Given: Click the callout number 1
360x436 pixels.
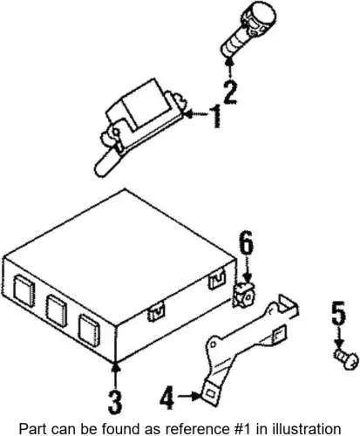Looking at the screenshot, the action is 216,116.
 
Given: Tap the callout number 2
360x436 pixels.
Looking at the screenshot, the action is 230,92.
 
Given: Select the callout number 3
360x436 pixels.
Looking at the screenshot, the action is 115,403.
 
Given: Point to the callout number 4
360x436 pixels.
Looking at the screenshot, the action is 167,397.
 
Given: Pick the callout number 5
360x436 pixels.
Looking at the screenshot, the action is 339,313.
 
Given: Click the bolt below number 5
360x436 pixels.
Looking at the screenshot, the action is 346,360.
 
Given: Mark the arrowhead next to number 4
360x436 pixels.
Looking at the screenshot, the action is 197,396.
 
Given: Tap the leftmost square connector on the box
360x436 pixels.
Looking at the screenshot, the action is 24,290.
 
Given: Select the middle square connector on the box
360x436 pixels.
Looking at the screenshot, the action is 57,310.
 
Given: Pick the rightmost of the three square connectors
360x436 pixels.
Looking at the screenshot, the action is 89,330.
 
